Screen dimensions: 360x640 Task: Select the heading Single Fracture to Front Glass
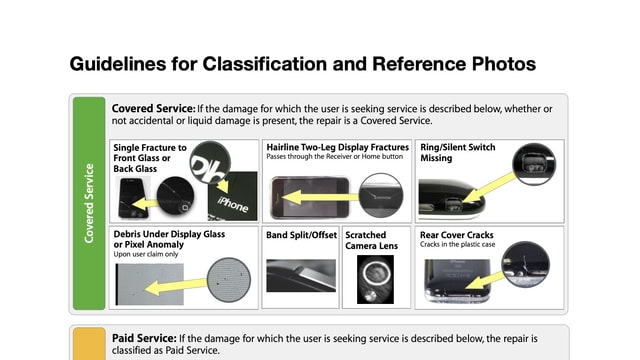point(149,158)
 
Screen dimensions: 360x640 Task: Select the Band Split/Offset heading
point(300,236)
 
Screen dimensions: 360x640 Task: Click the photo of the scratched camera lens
point(373,281)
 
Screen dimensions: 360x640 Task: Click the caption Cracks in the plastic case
point(458,246)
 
